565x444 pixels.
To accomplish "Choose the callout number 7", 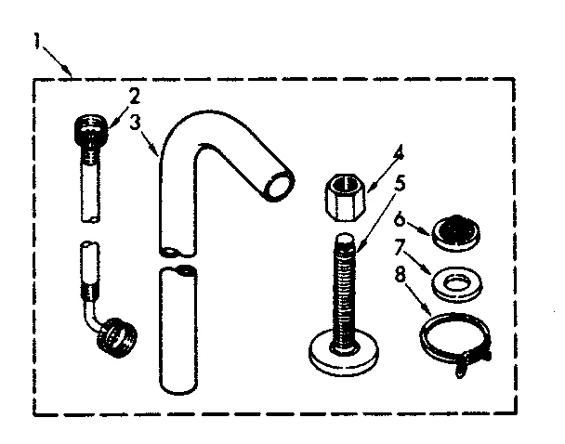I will pyautogui.click(x=400, y=246).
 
